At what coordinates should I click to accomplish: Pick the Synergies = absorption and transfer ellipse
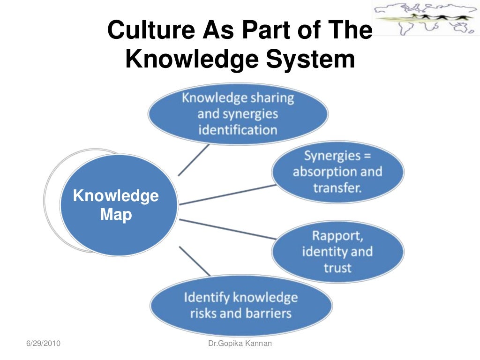[337, 172]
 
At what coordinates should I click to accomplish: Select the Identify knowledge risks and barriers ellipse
[241, 305]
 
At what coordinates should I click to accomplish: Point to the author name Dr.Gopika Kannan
[240, 345]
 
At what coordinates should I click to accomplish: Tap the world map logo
[426, 18]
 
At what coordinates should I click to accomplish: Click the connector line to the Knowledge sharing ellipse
[193, 160]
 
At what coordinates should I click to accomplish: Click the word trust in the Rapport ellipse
[337, 268]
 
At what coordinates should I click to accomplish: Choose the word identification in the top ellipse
[238, 129]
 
